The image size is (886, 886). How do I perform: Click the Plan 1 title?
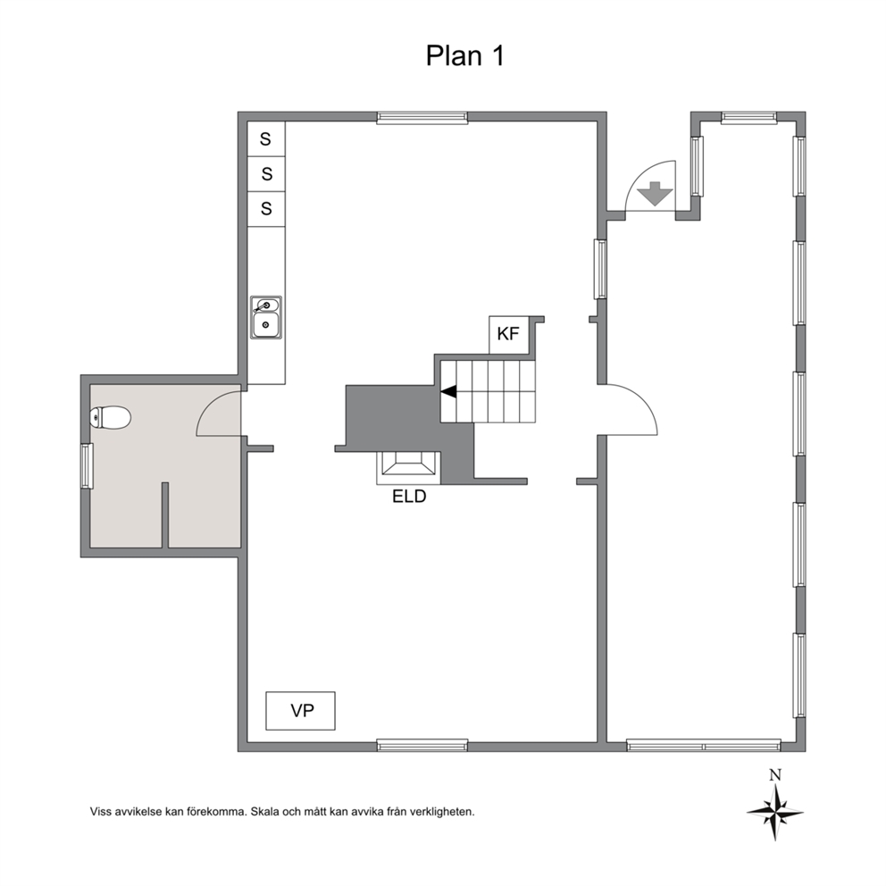pyautogui.click(x=464, y=56)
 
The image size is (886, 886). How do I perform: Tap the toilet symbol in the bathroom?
pyautogui.click(x=110, y=418)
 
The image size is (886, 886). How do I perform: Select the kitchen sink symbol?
pyautogui.click(x=266, y=318)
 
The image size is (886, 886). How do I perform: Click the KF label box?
pyautogui.click(x=508, y=335)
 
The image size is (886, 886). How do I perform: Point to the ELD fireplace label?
pyautogui.click(x=409, y=497)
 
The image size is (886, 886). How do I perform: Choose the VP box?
pyautogui.click(x=301, y=711)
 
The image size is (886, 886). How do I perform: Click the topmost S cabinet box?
pyautogui.click(x=266, y=139)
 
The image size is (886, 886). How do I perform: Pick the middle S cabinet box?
pyautogui.click(x=266, y=174)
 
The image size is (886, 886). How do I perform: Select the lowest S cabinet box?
pyautogui.click(x=266, y=209)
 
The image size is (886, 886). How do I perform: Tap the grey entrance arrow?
pyautogui.click(x=655, y=194)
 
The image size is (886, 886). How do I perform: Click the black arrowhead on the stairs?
pyautogui.click(x=448, y=391)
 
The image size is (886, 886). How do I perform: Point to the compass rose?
pyautogui.click(x=775, y=813)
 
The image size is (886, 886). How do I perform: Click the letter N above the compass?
pyautogui.click(x=775, y=775)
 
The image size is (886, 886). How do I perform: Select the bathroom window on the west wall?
pyautogui.click(x=87, y=466)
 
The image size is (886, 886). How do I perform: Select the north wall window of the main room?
pyautogui.click(x=422, y=118)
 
